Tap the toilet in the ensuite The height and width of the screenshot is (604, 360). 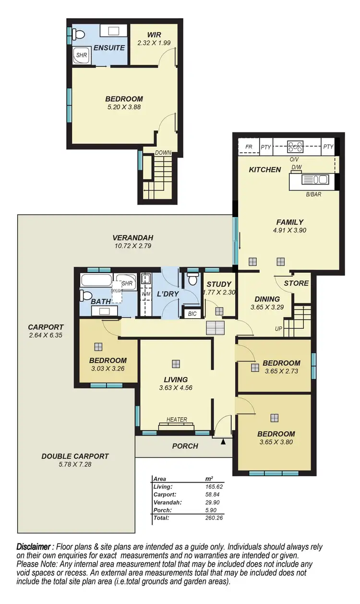click(79, 34)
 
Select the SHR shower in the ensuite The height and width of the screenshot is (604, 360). click(82, 55)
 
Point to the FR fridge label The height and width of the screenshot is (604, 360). click(249, 147)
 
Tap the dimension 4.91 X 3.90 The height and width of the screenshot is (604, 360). click(290, 230)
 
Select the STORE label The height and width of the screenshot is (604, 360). click(296, 283)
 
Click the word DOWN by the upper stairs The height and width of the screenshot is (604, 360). click(163, 153)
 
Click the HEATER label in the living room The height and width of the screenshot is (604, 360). click(177, 419)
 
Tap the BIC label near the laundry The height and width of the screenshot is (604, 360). click(192, 314)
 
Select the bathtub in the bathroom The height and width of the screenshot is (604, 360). click(96, 280)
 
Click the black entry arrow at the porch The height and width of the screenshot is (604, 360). click(223, 441)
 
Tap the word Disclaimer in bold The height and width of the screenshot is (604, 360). click(34, 547)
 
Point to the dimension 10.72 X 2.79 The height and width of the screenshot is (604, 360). click(126, 246)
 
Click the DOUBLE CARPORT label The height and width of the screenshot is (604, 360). click(75, 456)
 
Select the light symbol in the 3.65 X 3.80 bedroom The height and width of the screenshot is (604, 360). click(274, 417)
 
